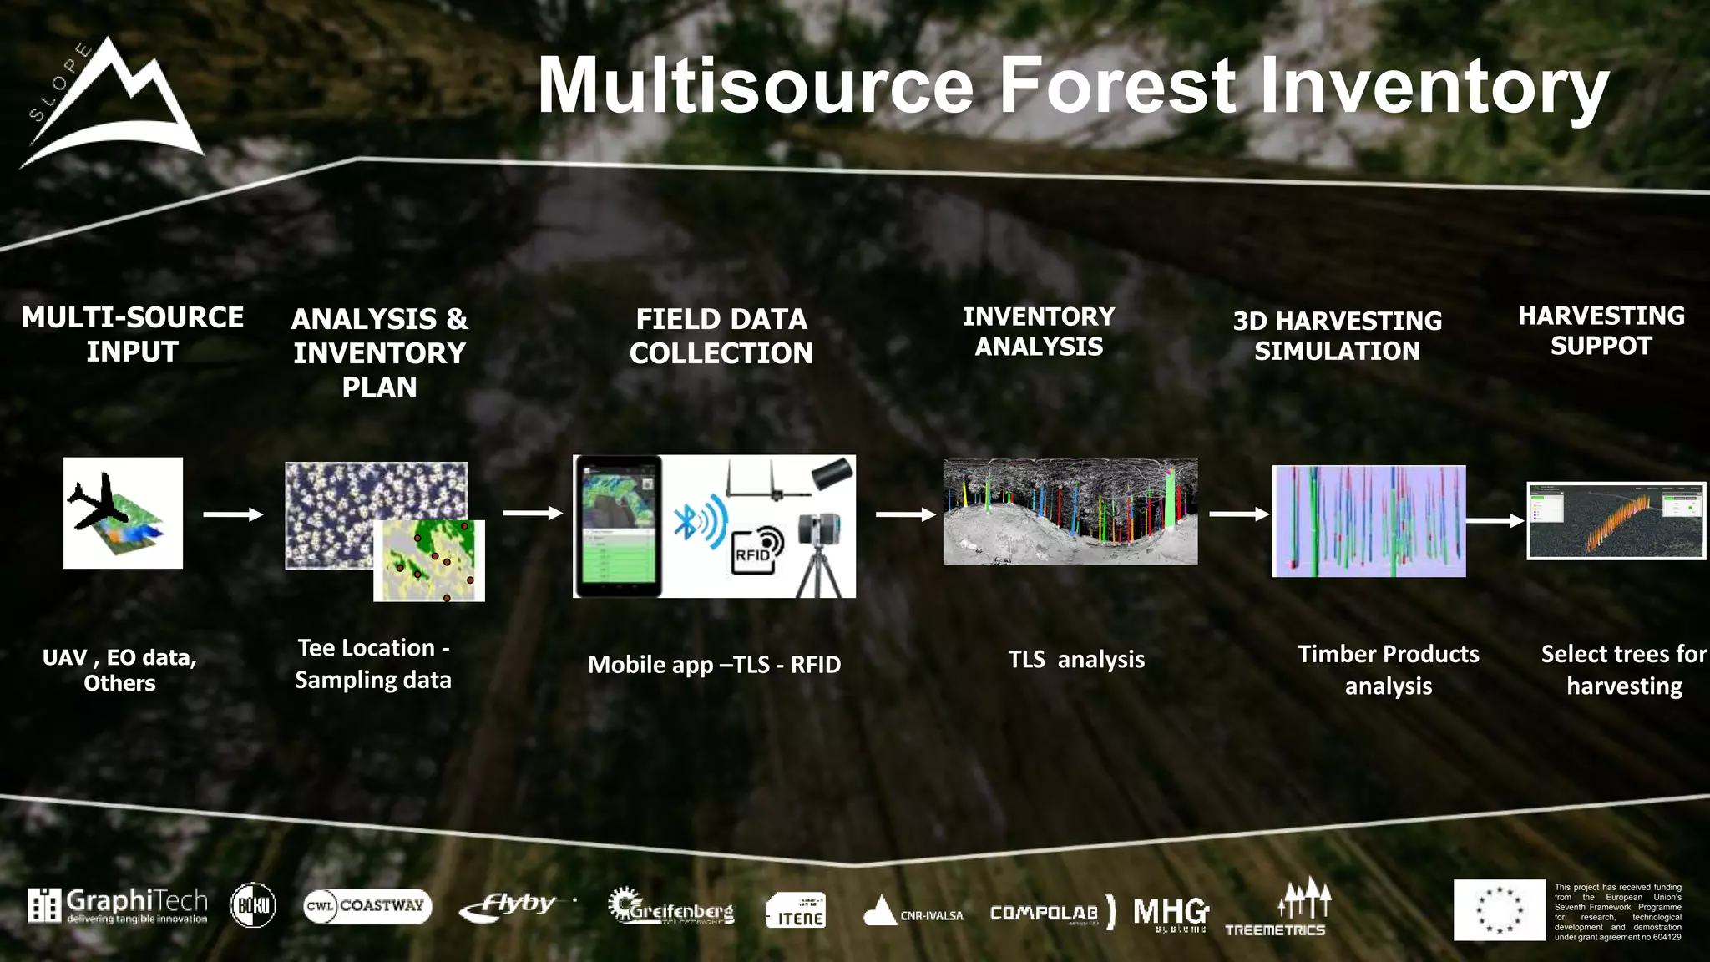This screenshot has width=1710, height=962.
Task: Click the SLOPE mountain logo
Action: pyautogui.click(x=113, y=104)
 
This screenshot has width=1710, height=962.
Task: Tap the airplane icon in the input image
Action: pyautogui.click(x=99, y=501)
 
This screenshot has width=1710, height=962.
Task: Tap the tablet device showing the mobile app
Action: pyautogui.click(x=618, y=526)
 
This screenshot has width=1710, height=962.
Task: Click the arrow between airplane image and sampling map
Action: pyautogui.click(x=233, y=514)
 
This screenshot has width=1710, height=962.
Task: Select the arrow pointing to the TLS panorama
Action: pyautogui.click(x=905, y=514)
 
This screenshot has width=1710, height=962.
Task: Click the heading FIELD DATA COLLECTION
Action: pyautogui.click(x=721, y=336)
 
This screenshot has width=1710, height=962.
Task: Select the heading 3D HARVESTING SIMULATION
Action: pyautogui.click(x=1337, y=336)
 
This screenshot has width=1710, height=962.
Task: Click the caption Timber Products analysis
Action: pyautogui.click(x=1388, y=670)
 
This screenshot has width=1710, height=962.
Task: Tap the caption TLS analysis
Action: pyautogui.click(x=1075, y=660)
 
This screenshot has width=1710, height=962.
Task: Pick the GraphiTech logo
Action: pyautogui.click(x=118, y=906)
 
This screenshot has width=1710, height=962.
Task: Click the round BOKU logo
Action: pyautogui.click(x=252, y=905)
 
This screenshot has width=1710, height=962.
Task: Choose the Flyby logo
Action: pyautogui.click(x=509, y=906)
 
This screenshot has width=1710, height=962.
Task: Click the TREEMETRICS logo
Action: pyautogui.click(x=1277, y=909)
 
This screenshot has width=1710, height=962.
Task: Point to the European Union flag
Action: pyautogui.click(x=1499, y=909)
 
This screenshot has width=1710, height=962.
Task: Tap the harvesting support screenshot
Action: pyautogui.click(x=1616, y=521)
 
